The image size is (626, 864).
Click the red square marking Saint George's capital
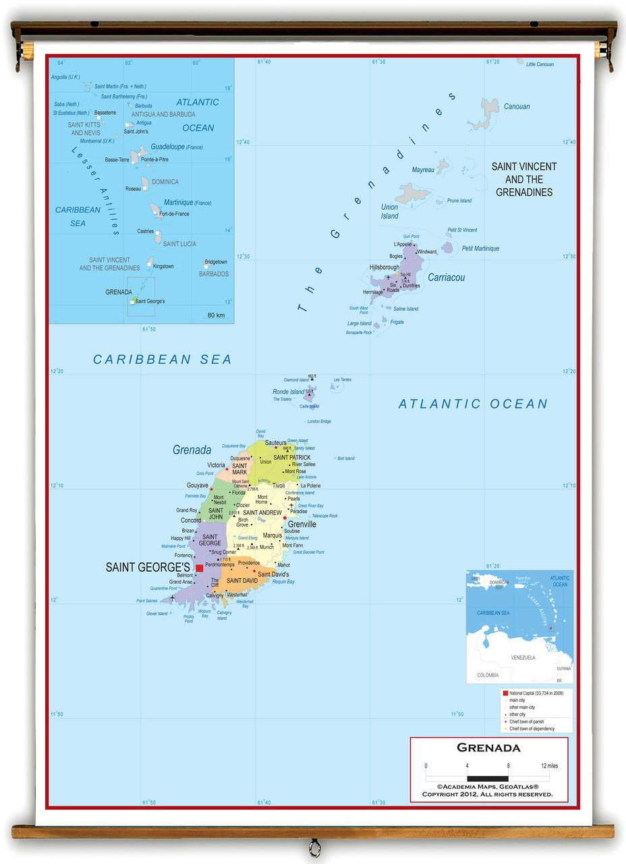point(199,568)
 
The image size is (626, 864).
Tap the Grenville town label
point(302,524)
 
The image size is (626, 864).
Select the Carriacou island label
point(446,277)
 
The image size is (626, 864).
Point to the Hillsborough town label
point(385,267)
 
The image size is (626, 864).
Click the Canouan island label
point(517,107)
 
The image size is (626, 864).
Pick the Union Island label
point(390,212)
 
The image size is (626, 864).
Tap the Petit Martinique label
point(480,248)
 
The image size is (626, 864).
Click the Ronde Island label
point(288,391)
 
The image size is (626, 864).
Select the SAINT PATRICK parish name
point(292,458)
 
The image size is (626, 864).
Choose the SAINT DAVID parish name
point(241,580)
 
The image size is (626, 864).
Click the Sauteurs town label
point(276,443)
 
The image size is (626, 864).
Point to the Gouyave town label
point(197,485)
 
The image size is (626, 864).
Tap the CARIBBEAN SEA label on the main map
point(162,360)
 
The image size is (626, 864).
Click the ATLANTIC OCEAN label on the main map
point(473,404)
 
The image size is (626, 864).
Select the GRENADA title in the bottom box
point(488,748)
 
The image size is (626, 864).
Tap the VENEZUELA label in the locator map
point(523,657)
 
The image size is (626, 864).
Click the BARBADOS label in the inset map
point(214,274)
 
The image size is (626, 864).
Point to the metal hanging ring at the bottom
point(314,847)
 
